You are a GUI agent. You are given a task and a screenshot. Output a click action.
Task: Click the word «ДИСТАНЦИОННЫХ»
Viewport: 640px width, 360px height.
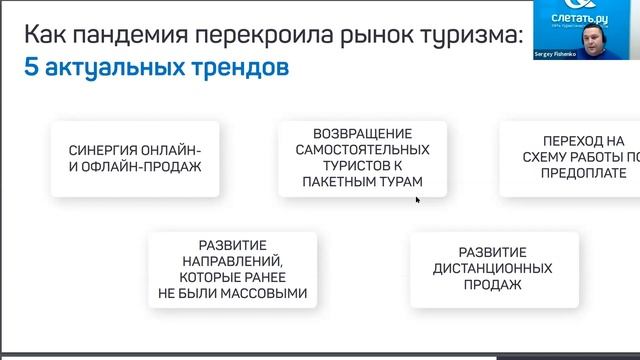[x=493, y=268]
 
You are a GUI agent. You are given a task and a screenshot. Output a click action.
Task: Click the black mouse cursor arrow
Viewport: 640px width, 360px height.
[x=418, y=200]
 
